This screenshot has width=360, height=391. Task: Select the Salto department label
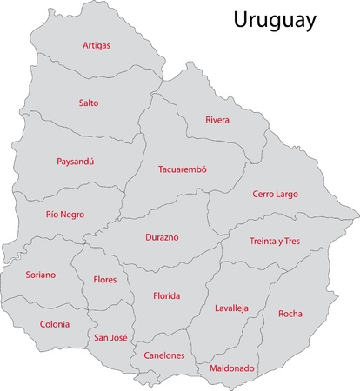click(x=89, y=103)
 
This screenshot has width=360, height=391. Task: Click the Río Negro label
click(x=65, y=214)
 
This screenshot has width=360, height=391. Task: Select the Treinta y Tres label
click(x=274, y=241)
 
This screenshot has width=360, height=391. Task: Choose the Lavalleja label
click(x=232, y=308)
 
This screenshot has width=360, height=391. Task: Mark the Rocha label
click(x=290, y=313)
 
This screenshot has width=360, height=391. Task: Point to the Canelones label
click(x=163, y=355)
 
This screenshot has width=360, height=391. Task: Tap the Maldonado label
click(x=232, y=368)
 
